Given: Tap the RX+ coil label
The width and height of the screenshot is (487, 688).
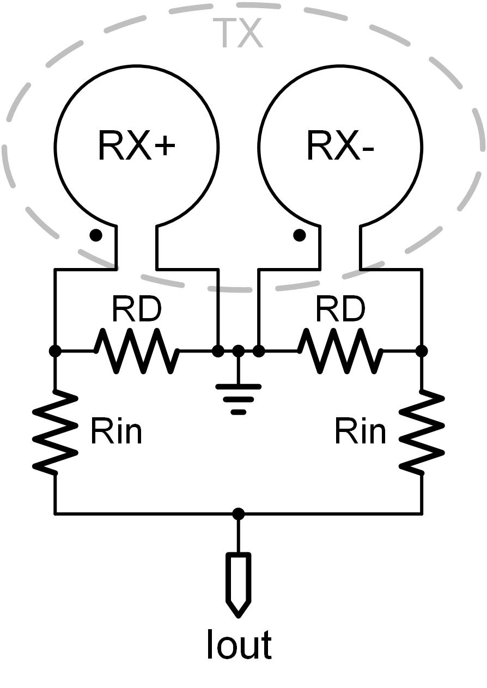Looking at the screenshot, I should [x=136, y=145].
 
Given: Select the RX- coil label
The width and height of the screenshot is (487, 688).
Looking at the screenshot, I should [x=340, y=145].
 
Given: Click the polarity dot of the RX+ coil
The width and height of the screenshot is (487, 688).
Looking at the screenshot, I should [x=96, y=235].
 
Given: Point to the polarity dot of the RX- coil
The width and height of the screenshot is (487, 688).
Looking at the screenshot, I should [x=299, y=235].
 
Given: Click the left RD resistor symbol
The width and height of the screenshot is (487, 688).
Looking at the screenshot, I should [x=136, y=351].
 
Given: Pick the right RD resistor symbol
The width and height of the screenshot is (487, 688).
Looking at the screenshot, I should [x=340, y=351].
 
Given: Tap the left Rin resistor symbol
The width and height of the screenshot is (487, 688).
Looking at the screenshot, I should [x=55, y=431].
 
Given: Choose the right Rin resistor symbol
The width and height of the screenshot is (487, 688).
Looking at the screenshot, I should [x=422, y=431].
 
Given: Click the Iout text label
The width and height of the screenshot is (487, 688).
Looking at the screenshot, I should [x=239, y=646].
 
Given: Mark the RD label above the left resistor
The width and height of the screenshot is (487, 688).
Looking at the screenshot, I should [x=136, y=309].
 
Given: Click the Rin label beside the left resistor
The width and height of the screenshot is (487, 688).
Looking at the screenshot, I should [x=116, y=431].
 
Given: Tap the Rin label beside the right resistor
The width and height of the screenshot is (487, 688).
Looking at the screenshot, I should [x=360, y=431].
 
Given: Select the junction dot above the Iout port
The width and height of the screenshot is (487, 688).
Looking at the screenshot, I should [x=238, y=514].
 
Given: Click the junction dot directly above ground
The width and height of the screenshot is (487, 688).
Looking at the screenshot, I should [x=238, y=351].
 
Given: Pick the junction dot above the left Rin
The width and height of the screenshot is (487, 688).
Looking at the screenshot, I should [x=55, y=351].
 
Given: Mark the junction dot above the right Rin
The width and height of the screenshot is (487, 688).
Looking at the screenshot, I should [x=422, y=351].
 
